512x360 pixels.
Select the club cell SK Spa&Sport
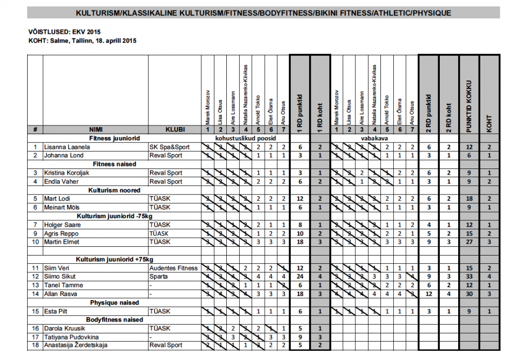coord(169,147)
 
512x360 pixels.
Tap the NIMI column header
coord(95,130)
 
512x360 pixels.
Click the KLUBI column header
coord(175,130)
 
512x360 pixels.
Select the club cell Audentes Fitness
coord(174,268)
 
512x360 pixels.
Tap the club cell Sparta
coord(158,277)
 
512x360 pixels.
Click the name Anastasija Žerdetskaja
coord(76,345)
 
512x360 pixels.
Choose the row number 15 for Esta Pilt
coord(35,311)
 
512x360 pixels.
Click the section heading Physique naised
coord(115,303)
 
